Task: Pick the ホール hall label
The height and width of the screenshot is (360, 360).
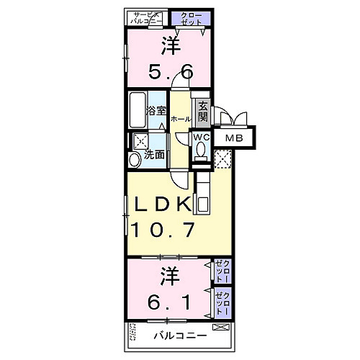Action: (181, 119)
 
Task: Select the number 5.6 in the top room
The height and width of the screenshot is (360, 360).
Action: (170, 71)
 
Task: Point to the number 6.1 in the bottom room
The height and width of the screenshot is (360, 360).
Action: (170, 302)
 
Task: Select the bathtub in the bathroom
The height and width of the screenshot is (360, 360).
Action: (137, 109)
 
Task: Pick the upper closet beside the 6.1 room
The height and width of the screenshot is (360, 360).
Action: (222, 272)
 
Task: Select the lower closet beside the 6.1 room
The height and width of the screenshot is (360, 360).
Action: (223, 302)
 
